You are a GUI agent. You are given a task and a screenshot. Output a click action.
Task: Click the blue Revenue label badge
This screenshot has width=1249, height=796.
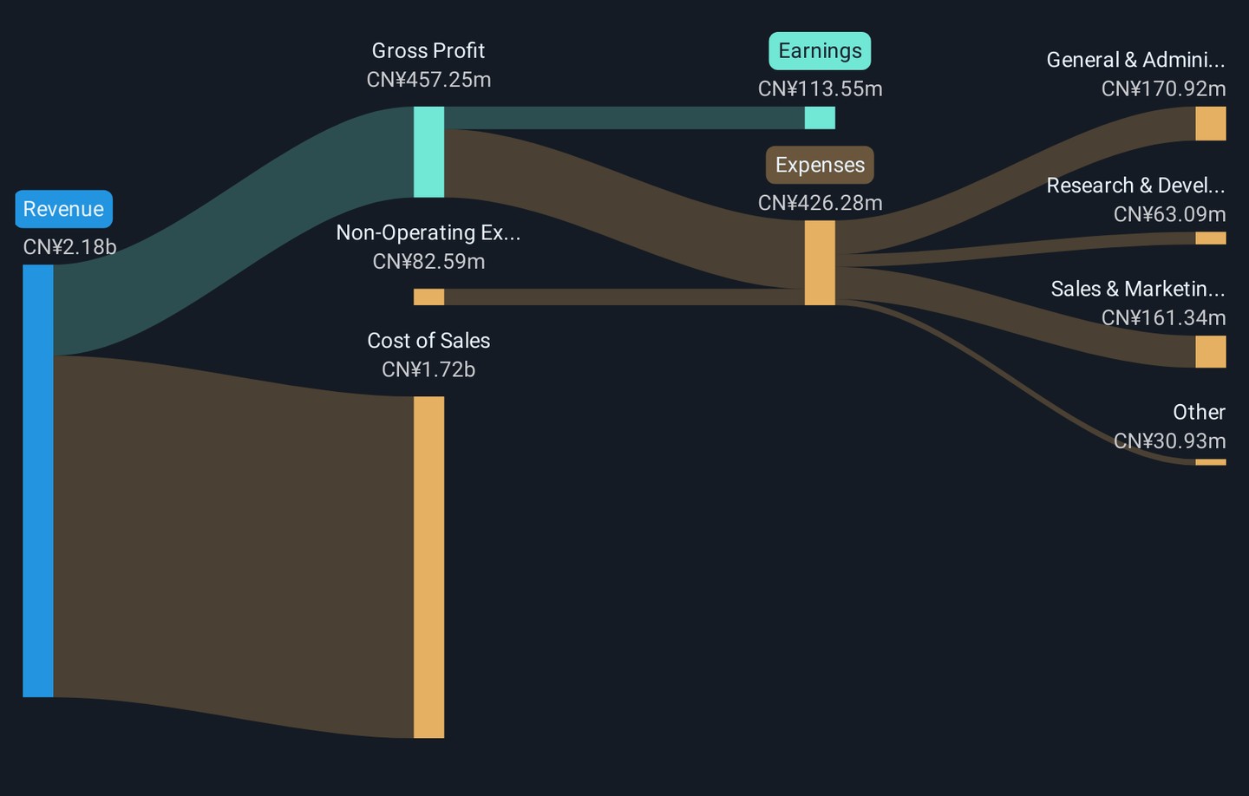coord(63,209)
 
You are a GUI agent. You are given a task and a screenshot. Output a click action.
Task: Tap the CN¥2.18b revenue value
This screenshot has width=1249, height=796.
coord(69,247)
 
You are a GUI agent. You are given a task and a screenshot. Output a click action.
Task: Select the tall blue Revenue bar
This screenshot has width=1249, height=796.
coord(38,480)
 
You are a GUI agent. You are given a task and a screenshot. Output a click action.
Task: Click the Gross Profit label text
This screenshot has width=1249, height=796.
coord(428,50)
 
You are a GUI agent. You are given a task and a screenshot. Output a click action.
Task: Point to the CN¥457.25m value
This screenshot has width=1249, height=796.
coord(428,80)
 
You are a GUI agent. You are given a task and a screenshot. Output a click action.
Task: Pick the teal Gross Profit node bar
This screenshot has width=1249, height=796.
coord(428,152)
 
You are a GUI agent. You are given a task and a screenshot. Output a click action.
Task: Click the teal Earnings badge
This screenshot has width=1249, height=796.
coord(820,50)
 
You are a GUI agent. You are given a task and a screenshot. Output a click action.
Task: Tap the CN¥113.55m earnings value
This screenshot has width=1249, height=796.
coord(821,88)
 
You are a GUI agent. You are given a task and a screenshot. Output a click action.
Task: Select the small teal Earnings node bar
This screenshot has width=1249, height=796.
coord(820,118)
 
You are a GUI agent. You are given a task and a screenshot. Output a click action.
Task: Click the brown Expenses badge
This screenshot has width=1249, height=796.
coord(820,165)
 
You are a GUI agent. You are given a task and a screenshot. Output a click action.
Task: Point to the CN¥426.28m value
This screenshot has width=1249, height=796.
coord(821,203)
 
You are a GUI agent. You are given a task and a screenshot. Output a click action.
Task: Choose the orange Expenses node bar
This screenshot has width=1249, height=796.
coord(820,263)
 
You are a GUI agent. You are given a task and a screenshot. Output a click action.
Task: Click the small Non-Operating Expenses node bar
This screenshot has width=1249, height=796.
coord(428,297)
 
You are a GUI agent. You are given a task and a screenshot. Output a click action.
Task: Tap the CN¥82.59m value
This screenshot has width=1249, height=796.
coord(428,262)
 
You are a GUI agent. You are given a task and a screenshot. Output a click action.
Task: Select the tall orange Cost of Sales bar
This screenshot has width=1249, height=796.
coord(428,567)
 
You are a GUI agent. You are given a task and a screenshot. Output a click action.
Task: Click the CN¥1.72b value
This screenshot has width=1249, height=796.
coord(428,369)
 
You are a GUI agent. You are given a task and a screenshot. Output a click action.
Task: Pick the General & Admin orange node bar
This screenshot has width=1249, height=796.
coord(1211,123)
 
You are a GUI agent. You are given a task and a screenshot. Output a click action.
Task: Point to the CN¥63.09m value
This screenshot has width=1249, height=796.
coord(1169,214)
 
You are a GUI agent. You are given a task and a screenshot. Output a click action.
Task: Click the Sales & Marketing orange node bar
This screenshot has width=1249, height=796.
coord(1211,352)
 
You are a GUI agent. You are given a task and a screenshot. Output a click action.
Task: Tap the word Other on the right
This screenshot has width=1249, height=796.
coord(1199,412)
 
